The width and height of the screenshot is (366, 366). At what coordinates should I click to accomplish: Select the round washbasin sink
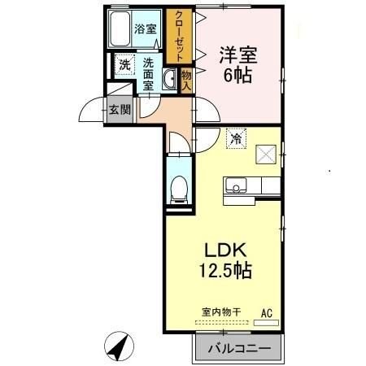click(x=170, y=79)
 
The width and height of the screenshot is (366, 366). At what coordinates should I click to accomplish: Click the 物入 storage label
click(x=185, y=80)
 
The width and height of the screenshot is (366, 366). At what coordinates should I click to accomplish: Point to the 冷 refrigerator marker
click(x=236, y=139)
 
